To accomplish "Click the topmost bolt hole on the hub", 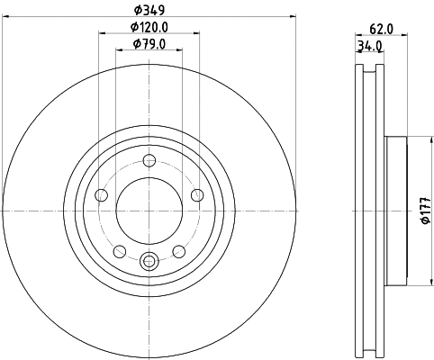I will point(149,162).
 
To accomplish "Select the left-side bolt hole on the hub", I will point(102,196).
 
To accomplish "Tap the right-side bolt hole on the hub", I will point(197,196).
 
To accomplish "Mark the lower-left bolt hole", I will point(120,251).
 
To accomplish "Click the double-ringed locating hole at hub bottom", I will point(149,262).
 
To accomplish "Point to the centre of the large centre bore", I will point(149,211).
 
